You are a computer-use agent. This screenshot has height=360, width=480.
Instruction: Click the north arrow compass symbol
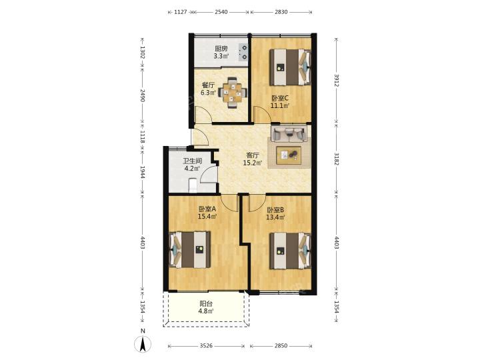pos(143,344)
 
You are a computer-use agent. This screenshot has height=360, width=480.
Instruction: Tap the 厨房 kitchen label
pos(221,49)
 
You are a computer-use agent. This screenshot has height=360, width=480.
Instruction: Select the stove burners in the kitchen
pos(244,52)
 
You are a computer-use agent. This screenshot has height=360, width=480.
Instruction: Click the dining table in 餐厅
pos(232,93)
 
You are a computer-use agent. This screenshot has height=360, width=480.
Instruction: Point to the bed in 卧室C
pos(290,67)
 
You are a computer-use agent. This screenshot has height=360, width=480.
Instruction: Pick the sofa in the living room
pos(289,133)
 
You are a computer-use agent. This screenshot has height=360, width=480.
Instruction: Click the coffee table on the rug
pos(289,155)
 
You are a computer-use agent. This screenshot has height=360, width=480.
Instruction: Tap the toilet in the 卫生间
pos(193,186)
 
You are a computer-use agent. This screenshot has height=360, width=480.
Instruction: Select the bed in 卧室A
pos(190,249)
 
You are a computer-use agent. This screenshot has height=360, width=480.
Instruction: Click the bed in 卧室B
pos(290,251)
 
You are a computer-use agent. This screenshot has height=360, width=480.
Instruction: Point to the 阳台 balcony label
pos(206,304)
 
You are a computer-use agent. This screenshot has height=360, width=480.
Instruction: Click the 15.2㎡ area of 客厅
pos(253,163)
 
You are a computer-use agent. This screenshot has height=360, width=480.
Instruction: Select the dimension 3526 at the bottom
pos(206,345)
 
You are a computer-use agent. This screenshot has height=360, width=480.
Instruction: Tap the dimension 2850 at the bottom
pos(281,345)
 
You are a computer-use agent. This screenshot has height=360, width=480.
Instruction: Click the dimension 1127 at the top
pos(181,12)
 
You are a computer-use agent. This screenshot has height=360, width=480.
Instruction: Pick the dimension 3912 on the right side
pos(337,80)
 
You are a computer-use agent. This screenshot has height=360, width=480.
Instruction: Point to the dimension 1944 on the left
pos(143,172)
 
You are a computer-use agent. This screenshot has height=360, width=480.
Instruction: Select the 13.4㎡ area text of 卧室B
pos(275,217)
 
